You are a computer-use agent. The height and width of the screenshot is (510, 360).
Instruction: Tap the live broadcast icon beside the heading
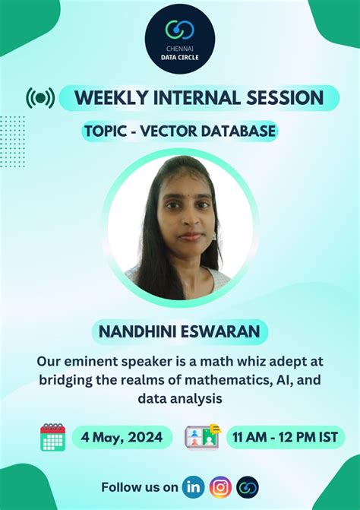40,98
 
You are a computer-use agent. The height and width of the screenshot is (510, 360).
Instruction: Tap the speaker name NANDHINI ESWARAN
179,331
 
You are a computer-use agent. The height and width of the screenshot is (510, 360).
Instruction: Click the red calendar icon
52,438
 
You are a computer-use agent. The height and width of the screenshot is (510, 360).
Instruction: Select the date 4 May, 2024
122,438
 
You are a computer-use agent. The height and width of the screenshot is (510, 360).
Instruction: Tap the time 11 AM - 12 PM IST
286,438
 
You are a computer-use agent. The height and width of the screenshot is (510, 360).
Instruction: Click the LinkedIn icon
194,486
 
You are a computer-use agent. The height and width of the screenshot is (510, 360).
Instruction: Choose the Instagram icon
220,486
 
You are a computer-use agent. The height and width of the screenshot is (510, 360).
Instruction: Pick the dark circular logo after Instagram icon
248,486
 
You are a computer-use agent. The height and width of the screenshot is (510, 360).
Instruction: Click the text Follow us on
140,486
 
